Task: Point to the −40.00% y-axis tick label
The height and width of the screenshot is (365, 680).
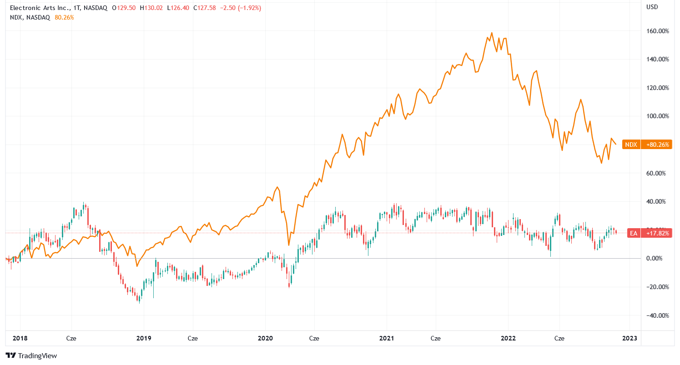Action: (658, 315)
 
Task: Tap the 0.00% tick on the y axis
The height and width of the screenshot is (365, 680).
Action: (660, 259)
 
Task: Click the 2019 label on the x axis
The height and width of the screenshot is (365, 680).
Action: (143, 339)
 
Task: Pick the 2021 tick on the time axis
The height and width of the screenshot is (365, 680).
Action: (387, 339)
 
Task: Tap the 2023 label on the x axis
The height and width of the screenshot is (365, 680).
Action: (630, 339)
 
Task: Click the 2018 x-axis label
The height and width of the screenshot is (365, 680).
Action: (20, 339)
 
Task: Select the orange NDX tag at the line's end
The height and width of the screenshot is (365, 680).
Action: (631, 145)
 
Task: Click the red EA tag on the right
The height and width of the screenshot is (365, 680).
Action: (632, 233)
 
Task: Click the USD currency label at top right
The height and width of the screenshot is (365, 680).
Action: (652, 7)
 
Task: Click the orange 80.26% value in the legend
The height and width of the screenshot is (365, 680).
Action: (64, 18)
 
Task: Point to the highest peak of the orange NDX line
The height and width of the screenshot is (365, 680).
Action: (492, 33)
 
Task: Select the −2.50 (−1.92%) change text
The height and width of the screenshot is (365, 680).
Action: (240, 8)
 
